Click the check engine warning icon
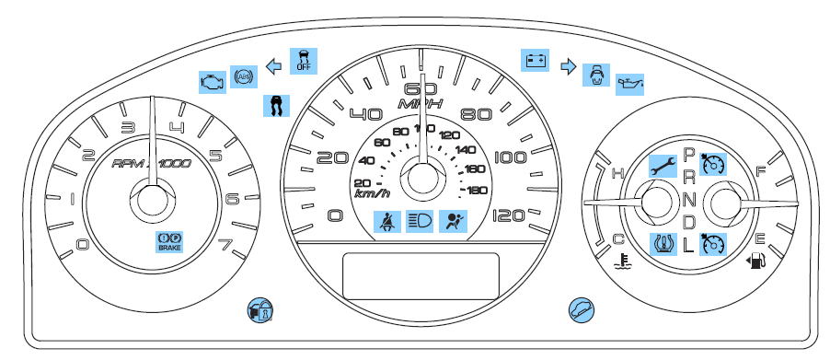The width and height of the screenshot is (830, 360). (x=213, y=80)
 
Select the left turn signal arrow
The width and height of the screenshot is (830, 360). (x=272, y=66)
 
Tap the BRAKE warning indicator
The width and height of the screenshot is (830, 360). (x=169, y=242)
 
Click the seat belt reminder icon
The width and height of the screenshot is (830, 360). (x=386, y=221)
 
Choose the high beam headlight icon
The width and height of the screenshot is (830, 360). (x=420, y=221)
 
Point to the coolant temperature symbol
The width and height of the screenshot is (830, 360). (x=623, y=259)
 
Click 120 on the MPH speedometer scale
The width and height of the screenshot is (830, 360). (x=509, y=215)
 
